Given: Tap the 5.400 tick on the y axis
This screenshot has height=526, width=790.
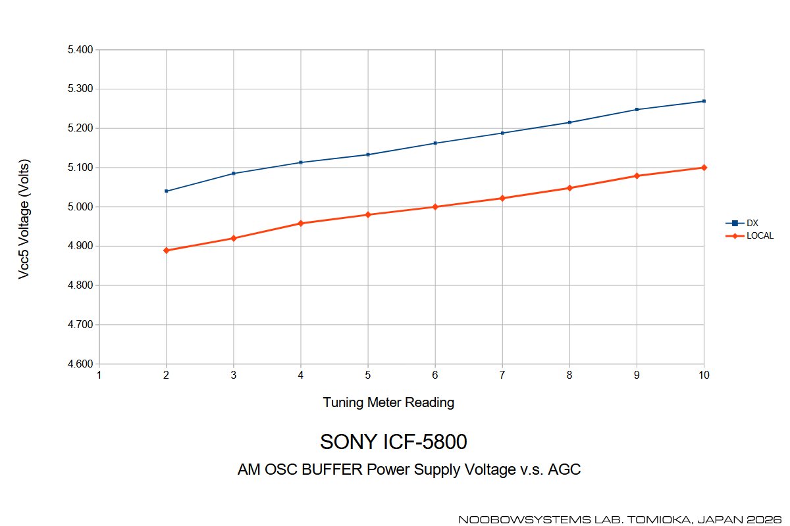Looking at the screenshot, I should (80, 49).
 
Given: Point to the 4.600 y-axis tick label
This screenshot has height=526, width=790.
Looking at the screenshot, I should (80, 364).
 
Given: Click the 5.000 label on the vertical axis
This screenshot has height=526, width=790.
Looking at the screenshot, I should (80, 207).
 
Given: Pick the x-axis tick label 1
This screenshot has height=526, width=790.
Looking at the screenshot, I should (99, 375).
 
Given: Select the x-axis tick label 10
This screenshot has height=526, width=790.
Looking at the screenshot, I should (704, 375).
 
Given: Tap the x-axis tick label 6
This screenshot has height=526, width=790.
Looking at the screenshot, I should (435, 375).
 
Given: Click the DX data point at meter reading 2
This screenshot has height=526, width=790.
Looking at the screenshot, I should (167, 191).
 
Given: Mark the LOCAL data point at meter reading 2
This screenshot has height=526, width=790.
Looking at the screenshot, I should (167, 251).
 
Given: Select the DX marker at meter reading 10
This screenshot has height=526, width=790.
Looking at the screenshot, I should (704, 101).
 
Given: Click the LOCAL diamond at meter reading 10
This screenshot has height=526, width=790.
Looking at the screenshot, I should (704, 168).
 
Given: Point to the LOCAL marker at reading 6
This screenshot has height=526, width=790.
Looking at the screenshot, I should (435, 207).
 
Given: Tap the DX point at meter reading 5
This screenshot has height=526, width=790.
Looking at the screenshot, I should (368, 155).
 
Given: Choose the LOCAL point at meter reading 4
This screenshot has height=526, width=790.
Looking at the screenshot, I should (301, 224).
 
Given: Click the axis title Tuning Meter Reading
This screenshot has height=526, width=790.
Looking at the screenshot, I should (388, 402).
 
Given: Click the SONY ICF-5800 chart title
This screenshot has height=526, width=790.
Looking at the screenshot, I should (393, 442).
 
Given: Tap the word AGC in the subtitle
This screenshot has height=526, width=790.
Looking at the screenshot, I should (566, 470).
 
